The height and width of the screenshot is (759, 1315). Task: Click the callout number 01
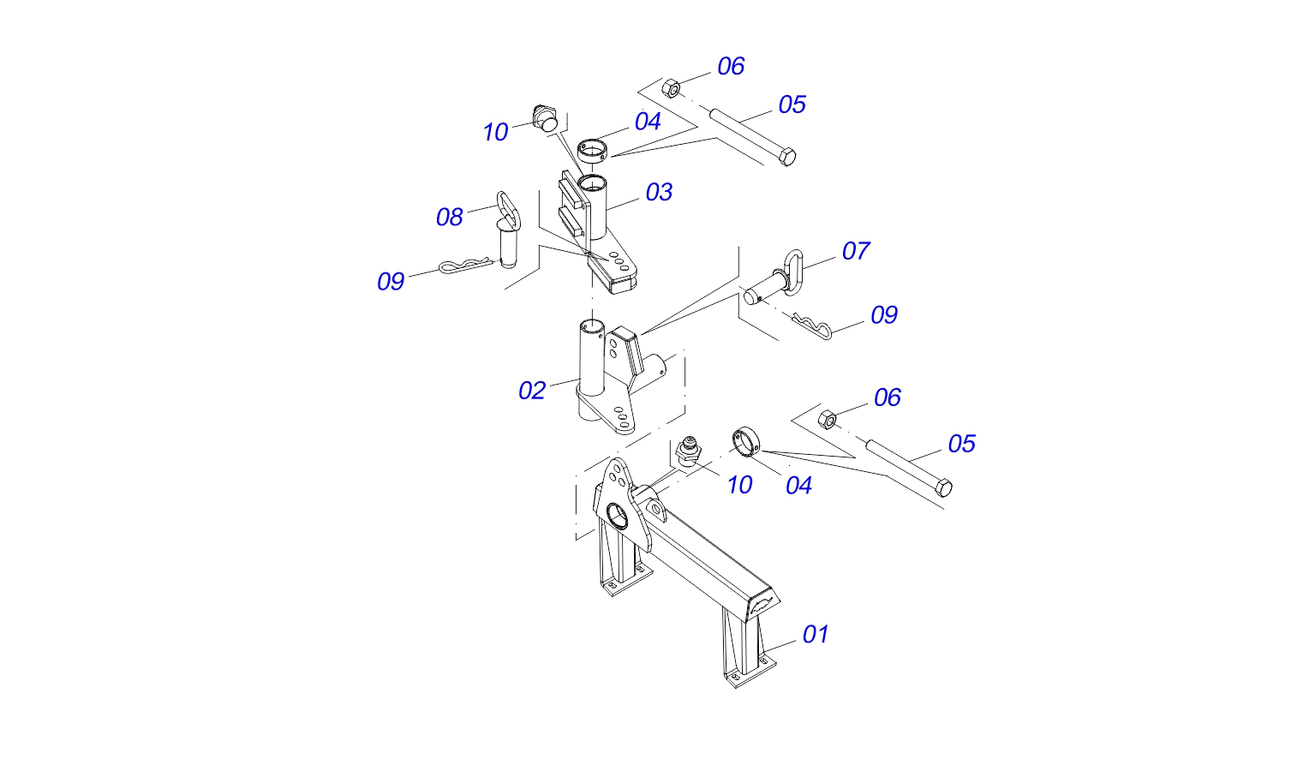tap(816, 635)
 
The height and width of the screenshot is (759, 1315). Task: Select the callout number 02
tap(532, 391)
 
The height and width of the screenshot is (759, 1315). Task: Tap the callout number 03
tap(659, 193)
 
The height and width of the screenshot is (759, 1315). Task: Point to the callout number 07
tap(856, 251)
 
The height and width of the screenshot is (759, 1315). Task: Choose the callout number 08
tap(449, 218)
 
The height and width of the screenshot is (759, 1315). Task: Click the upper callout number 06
tap(731, 66)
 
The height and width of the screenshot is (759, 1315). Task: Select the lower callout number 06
tap(887, 398)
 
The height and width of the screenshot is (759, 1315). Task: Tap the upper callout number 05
tap(792, 105)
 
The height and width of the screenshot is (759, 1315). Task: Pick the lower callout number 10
tap(739, 486)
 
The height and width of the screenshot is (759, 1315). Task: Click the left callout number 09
tap(391, 282)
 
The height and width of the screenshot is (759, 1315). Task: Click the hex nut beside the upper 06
tap(671, 88)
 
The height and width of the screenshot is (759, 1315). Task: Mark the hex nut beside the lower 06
tap(828, 419)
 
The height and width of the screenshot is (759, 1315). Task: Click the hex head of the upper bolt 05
tap(786, 157)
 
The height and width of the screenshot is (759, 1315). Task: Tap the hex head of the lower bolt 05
tap(943, 487)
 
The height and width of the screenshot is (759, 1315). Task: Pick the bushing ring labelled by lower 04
tap(747, 441)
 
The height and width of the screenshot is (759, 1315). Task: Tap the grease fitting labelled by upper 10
tap(545, 118)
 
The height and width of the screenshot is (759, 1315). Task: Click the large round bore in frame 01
tap(617, 516)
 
